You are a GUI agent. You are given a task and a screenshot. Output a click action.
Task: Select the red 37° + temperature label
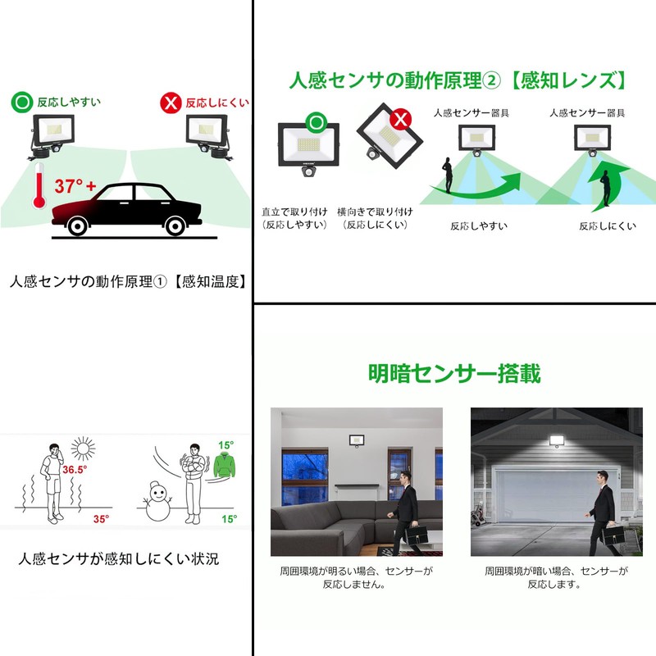[75, 185]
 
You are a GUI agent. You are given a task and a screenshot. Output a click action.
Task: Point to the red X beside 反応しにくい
[171, 103]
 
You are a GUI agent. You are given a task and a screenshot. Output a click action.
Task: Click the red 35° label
[101, 519]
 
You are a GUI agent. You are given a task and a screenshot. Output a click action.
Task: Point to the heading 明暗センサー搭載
[453, 373]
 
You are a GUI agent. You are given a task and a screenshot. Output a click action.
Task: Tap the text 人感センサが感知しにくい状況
[119, 561]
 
